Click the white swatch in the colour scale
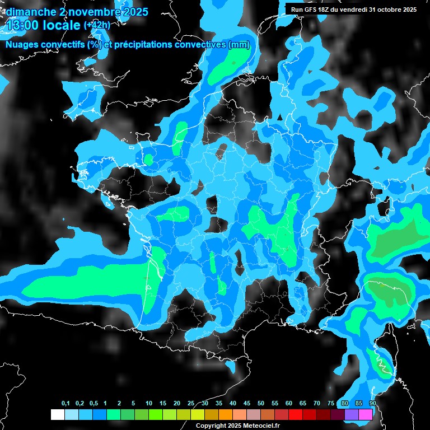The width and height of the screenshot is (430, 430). click(x=57, y=414)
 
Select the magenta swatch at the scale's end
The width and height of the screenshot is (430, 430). click(x=366, y=414)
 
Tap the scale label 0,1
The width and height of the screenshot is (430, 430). click(x=65, y=404)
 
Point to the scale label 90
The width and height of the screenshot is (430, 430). click(x=372, y=404)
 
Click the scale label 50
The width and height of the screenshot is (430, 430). click(x=261, y=404)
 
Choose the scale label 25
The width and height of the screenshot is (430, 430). click(x=191, y=404)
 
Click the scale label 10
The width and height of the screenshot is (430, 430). click(x=149, y=404)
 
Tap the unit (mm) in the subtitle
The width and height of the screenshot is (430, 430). click(x=239, y=45)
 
